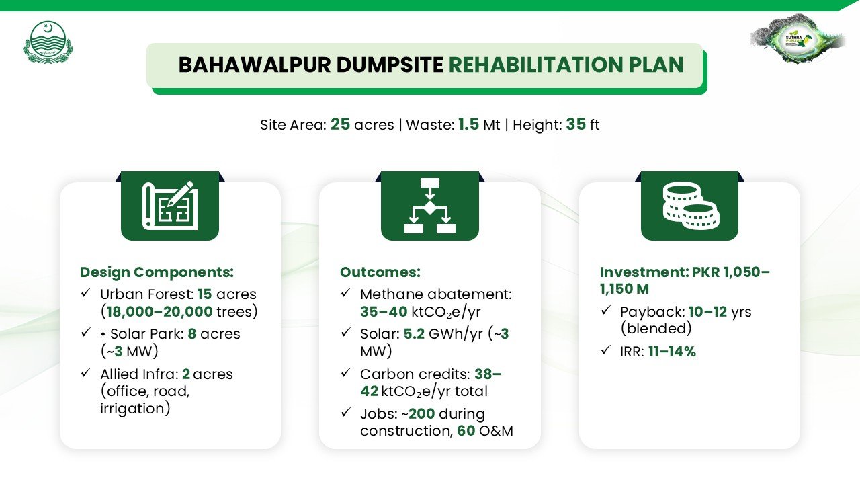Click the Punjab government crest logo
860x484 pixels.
pyautogui.click(x=48, y=42)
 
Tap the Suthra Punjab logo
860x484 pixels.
pyautogui.click(x=798, y=39)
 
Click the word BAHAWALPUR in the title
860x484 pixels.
pyautogui.click(x=255, y=65)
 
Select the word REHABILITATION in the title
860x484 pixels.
pyautogui.click(x=535, y=65)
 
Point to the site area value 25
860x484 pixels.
pyautogui.click(x=340, y=124)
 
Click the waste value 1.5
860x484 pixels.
pyautogui.click(x=468, y=124)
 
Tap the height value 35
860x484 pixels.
pyautogui.click(x=576, y=124)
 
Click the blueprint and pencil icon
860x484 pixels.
pyautogui.click(x=170, y=206)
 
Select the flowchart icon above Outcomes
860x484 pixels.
pyautogui.click(x=429, y=206)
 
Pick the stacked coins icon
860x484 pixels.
pyautogui.click(x=691, y=206)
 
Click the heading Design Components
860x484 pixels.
pyautogui.click(x=157, y=272)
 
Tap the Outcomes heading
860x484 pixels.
pyautogui.click(x=380, y=272)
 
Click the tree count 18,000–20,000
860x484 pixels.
pyautogui.click(x=159, y=311)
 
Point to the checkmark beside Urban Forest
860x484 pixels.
pyautogui.click(x=85, y=293)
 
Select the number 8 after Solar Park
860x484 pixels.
pyautogui.click(x=192, y=334)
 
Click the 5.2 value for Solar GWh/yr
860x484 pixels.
pyautogui.click(x=414, y=334)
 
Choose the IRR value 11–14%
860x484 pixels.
pyautogui.click(x=673, y=352)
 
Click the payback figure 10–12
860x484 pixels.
pyautogui.click(x=708, y=311)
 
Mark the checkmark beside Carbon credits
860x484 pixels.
pyautogui.click(x=345, y=372)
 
